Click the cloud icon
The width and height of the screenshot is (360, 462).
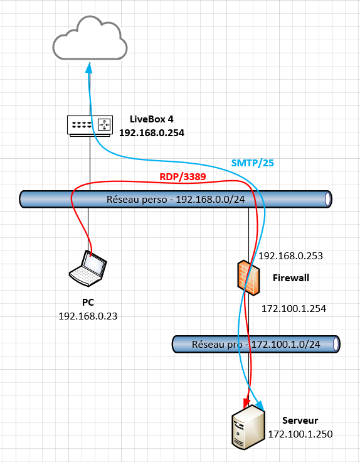tap(90, 38)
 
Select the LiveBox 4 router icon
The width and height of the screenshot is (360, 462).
tap(90, 126)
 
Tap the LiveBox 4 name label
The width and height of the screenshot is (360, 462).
tap(152, 119)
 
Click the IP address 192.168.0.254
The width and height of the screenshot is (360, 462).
tap(152, 133)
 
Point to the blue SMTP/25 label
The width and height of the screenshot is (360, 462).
tap(253, 163)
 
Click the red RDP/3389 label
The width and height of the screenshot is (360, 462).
tap(183, 177)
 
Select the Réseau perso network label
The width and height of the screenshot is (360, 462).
tap(176, 200)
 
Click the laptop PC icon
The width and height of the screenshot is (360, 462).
tap(88, 269)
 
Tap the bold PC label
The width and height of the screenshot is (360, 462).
tap(88, 303)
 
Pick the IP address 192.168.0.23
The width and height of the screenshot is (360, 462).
tap(88, 316)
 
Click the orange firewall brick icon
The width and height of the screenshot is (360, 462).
tap(249, 277)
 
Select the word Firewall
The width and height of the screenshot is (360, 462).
tap(291, 278)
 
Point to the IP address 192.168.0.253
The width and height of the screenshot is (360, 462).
tap(290, 255)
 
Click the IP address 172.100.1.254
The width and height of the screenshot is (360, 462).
tap(294, 308)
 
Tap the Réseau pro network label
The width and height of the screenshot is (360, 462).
tap(256, 344)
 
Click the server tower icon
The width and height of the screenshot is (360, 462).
tap(248, 427)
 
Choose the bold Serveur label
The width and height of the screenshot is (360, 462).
tap(300, 421)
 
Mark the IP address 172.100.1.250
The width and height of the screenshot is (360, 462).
tap(300, 434)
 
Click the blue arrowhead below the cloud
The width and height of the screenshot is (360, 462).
tap(89, 68)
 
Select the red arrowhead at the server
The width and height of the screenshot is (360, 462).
tap(246, 403)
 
